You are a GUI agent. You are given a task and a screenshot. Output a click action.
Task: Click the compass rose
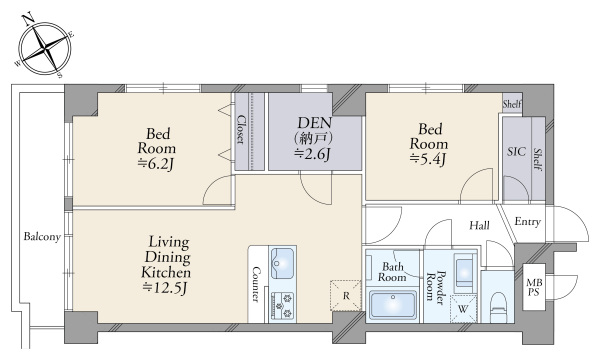(46, 47)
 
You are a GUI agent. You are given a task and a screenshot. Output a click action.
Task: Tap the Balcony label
(42, 237)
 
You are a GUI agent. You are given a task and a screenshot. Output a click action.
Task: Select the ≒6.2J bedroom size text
(157, 163)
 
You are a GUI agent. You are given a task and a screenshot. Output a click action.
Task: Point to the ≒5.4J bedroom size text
(428, 159)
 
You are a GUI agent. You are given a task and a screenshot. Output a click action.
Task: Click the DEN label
(315, 123)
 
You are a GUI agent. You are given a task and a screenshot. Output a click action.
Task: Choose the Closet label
(240, 129)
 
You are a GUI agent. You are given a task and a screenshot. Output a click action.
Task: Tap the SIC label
(516, 152)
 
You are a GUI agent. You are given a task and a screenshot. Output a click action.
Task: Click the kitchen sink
(282, 262)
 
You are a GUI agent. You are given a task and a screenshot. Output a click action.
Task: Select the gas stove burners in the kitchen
(282, 305)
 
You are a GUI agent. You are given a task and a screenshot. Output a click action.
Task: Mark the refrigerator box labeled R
(346, 295)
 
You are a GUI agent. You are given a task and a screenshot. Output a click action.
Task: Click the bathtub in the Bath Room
(392, 304)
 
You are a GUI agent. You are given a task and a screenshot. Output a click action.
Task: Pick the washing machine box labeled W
(463, 309)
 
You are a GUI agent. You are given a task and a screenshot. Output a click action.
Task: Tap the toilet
(498, 306)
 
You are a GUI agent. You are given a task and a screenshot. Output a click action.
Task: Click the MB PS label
(533, 287)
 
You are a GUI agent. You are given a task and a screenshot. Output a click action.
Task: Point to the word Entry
(527, 222)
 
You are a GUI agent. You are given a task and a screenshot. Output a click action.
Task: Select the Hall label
(479, 225)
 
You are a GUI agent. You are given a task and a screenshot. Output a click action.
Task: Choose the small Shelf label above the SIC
(512, 104)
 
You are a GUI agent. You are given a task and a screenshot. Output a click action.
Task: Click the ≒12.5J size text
(164, 288)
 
